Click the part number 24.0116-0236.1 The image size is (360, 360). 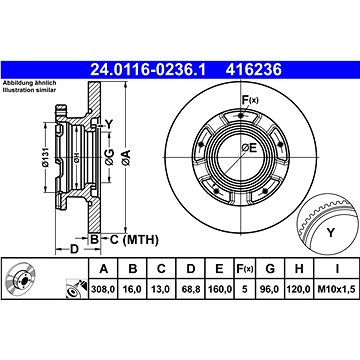pos(148,70)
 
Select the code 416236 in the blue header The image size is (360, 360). pos(254,70)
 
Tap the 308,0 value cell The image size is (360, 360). pos(103,289)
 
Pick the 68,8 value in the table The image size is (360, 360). pos(191,289)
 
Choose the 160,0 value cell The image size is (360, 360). pos(219,289)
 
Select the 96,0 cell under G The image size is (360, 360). pos(270,289)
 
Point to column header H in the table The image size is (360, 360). pos(299,268)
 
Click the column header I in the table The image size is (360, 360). pos(337,268)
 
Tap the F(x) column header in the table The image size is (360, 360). pos(245,268)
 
